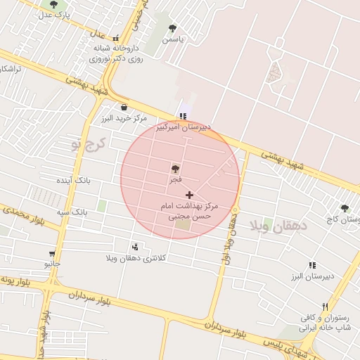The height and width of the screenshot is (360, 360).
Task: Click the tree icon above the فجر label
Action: pyautogui.click(x=175, y=169)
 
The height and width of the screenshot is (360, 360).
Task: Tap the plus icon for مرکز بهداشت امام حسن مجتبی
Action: pyautogui.click(x=189, y=194)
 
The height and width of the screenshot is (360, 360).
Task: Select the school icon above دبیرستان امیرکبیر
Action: pyautogui.click(x=183, y=116)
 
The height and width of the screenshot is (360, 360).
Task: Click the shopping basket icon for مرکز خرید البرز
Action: pyautogui.click(x=124, y=108)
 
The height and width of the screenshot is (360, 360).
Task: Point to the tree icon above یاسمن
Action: pyautogui.click(x=172, y=29)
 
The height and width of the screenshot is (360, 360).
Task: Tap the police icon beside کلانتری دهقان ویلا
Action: pyautogui.click(x=134, y=247)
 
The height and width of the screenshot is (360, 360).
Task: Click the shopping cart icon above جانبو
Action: pyautogui.click(x=52, y=253)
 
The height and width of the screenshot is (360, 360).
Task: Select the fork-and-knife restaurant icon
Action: pyautogui.click(x=325, y=307)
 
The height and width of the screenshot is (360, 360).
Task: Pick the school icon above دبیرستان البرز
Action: pyautogui.click(x=311, y=265)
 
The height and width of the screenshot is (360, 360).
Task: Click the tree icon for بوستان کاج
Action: pyautogui.click(x=345, y=208)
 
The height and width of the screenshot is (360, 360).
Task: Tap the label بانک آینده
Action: pyautogui.click(x=75, y=181)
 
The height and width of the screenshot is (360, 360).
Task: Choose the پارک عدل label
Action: pyautogui.click(x=56, y=14)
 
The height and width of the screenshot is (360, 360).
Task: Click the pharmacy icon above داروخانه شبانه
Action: pyautogui.click(x=115, y=39)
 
